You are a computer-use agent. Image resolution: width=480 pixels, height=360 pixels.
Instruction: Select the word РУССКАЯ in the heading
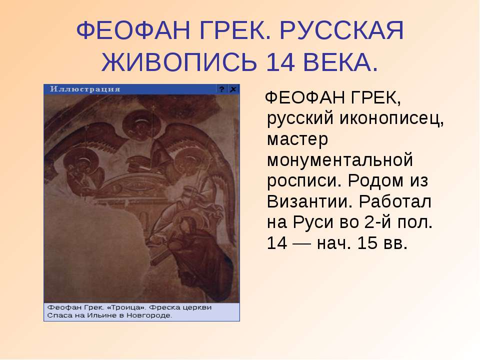pos(341,30)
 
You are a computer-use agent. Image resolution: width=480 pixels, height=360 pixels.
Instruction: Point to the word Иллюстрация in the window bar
pos(85,89)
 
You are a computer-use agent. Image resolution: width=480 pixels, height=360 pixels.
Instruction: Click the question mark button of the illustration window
pos(222,89)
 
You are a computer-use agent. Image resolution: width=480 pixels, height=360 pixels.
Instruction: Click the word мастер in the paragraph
pos(297,139)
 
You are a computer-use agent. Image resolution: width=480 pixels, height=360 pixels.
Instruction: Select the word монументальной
pos(340,160)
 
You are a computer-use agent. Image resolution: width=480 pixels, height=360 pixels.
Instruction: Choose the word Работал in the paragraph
pos(395,201)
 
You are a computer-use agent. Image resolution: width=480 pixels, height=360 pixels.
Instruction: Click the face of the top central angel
pos(141,126)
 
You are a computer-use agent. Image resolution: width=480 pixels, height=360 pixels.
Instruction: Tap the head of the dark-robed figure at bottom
pos(185,226)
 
